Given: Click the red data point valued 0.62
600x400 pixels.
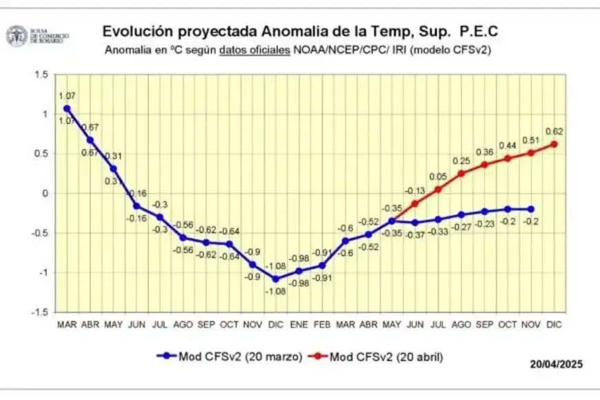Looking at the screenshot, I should pyautogui.click(x=554, y=144).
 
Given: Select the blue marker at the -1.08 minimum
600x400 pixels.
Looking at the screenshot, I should pyautogui.click(x=275, y=279).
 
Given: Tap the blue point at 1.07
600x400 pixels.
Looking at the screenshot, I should pyautogui.click(x=66, y=108).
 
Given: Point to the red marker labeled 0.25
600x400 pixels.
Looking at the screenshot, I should pyautogui.click(x=461, y=173).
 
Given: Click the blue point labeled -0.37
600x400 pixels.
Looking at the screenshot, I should pyautogui.click(x=414, y=223).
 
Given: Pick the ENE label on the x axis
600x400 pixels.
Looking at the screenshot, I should pyautogui.click(x=299, y=323).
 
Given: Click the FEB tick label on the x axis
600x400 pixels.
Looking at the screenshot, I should pyautogui.click(x=322, y=323).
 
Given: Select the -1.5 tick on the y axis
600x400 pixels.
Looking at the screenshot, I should pyautogui.click(x=39, y=312).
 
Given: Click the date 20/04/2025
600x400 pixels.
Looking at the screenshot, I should pyautogui.click(x=557, y=363).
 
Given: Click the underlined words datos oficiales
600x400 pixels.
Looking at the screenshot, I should pyautogui.click(x=254, y=50).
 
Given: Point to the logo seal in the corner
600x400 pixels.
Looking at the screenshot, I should pyautogui.click(x=16, y=36).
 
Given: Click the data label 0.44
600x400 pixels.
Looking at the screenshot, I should pyautogui.click(x=508, y=146).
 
